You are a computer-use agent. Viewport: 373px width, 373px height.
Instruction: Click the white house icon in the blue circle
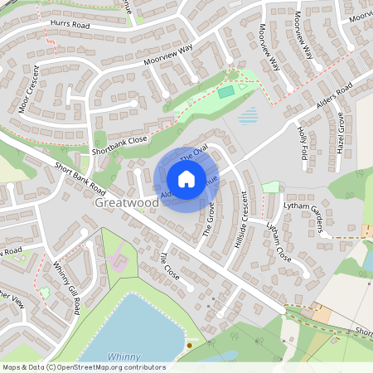click(x=186, y=178)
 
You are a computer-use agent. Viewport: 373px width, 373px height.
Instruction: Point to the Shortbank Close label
click(x=119, y=145)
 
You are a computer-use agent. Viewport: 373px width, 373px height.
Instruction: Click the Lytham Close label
click(x=279, y=241)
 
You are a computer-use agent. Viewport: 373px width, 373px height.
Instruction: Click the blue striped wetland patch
click(x=248, y=115)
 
